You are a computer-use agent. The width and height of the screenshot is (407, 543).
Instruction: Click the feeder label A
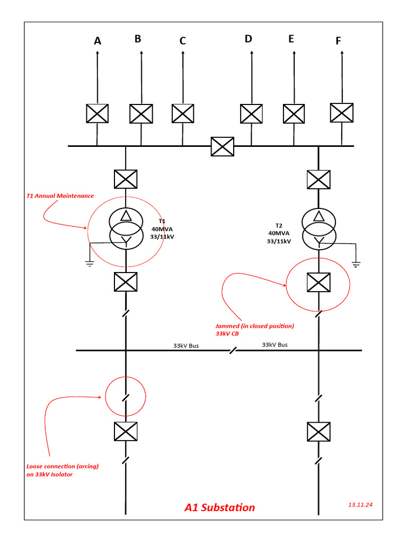tap(98, 41)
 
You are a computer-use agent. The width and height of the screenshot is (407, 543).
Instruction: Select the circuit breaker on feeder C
tap(183, 113)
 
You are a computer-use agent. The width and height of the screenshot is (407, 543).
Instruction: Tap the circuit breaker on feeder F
tap(341, 112)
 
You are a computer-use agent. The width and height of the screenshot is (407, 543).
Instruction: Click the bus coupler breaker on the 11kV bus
tap(222, 146)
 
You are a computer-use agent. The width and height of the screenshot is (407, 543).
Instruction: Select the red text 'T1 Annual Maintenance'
tap(60, 196)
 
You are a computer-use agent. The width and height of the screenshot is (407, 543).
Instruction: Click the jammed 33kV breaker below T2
tap(318, 282)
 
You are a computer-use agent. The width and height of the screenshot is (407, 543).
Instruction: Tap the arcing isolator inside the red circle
tap(126, 396)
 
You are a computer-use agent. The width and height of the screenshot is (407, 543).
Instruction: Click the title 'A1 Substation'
tap(219, 507)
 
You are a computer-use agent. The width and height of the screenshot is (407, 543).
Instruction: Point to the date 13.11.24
tap(360, 505)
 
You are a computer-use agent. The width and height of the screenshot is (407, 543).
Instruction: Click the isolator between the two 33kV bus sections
tap(233, 351)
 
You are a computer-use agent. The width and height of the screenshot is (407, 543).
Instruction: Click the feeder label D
tap(249, 39)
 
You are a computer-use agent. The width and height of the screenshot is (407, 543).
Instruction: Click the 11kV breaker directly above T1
tap(126, 179)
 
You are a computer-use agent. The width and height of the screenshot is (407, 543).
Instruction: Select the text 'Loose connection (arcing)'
tap(63, 467)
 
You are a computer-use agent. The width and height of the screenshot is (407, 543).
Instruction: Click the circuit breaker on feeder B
tap(141, 113)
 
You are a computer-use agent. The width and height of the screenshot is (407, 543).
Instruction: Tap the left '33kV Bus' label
tap(186, 345)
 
